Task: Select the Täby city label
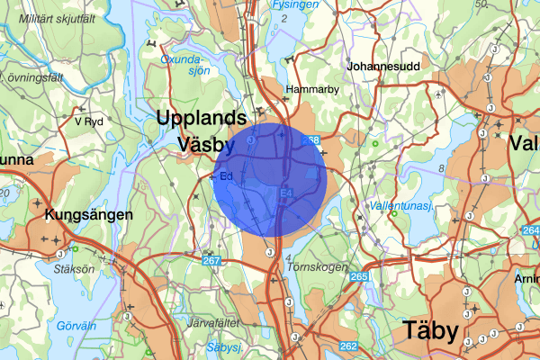pyautogui.click(x=430, y=329)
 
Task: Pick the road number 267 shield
pyautogui.click(x=211, y=261)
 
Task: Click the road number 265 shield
pyautogui.click(x=359, y=276)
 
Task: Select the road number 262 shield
pyautogui.click(x=348, y=346)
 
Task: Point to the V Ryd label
pyautogui.click(x=91, y=121)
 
